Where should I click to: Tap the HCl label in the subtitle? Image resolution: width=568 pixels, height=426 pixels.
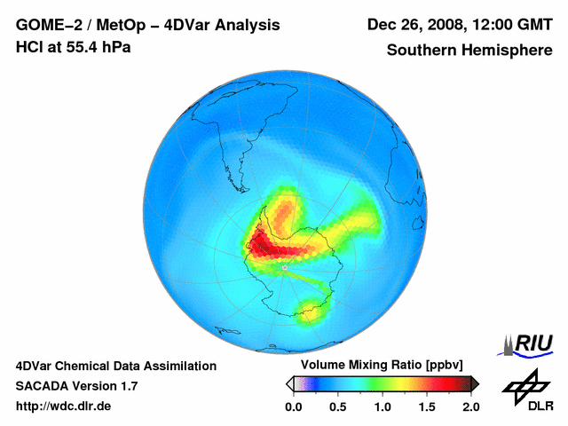click(x=29, y=47)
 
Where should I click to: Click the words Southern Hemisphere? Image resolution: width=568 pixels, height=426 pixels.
click(x=469, y=51)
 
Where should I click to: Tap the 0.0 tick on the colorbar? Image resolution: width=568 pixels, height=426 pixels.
click(x=294, y=406)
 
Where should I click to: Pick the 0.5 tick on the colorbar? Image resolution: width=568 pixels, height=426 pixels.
click(x=338, y=406)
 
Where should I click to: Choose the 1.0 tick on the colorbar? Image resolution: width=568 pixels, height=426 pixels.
click(x=383, y=406)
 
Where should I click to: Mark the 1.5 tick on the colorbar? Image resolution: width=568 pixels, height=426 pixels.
click(x=427, y=406)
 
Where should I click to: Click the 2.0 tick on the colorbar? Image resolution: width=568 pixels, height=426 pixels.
click(x=470, y=406)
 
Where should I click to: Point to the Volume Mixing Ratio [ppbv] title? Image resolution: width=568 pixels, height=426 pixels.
click(x=383, y=366)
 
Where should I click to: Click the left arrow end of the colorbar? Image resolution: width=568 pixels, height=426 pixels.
click(x=289, y=383)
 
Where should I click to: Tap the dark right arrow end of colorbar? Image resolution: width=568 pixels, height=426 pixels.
click(x=475, y=383)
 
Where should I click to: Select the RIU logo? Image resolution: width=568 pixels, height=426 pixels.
click(x=530, y=343)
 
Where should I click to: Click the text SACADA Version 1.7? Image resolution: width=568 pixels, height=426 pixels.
click(x=77, y=386)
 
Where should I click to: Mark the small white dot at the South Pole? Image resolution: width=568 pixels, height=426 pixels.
click(x=283, y=266)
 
